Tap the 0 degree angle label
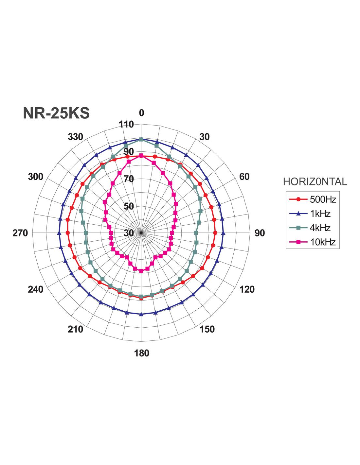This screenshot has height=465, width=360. click(141, 113)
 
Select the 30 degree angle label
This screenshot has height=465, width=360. click(204, 137)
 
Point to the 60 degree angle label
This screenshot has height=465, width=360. click(244, 177)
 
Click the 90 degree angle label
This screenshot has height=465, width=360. click(260, 233)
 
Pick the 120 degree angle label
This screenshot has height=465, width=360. click(247, 289)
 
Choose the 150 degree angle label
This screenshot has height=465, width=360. click(207, 329)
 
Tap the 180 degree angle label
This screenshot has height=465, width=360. click(141, 353)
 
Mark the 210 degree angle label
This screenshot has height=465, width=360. click(75, 329)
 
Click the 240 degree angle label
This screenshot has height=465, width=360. click(35, 289)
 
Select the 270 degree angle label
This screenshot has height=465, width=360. click(20, 233)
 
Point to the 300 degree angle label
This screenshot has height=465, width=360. click(35, 177)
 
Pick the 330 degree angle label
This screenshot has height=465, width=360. click(75, 137)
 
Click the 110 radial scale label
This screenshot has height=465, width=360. click(126, 125)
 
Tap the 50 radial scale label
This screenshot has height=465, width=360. click(129, 206)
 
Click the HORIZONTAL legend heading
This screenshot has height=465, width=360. click(315, 182)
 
